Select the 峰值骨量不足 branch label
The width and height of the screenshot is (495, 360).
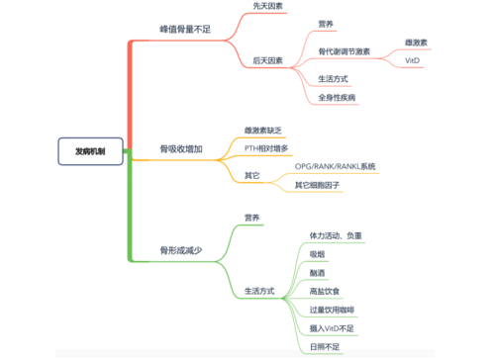coord(185,30)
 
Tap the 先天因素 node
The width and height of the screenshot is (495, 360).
coord(264,6)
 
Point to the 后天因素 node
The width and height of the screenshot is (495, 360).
coord(264,60)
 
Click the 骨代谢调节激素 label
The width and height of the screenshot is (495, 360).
coord(344,50)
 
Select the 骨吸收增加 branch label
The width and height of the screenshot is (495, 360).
coord(181,149)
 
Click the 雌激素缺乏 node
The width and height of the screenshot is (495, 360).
coord(264,130)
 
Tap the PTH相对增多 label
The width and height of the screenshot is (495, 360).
coord(266,147)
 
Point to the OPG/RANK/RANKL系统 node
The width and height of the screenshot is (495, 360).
coord(336,166)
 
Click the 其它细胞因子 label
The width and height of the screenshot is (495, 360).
coord(318,185)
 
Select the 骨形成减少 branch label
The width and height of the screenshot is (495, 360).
coord(181,251)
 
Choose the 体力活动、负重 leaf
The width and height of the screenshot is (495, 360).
coord(336,235)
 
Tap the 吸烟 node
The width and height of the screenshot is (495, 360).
coord(318,254)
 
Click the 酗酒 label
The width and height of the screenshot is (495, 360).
coord(318,272)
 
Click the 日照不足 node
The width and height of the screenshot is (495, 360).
coord(325,347)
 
